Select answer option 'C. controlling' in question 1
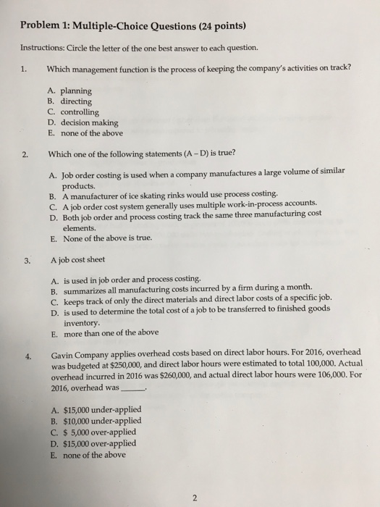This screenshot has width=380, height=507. point(74,112)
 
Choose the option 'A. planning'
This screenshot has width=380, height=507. point(70,91)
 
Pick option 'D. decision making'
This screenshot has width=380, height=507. point(83,122)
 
